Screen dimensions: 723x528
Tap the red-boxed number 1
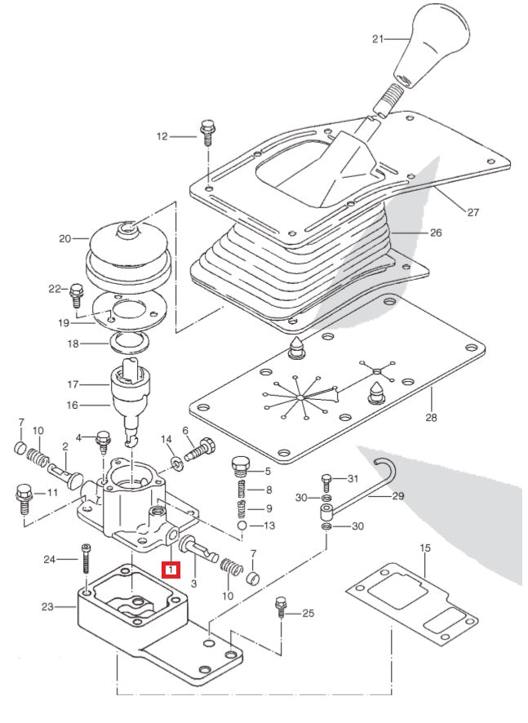170,569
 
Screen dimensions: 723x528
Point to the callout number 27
473,212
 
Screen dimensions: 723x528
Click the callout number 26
435,233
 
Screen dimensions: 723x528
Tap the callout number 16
72,403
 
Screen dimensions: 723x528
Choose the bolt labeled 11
23,496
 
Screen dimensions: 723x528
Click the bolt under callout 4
104,441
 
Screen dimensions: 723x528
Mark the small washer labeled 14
177,464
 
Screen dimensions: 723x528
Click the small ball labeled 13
242,526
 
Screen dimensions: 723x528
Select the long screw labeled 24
85,563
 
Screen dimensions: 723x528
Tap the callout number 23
47,606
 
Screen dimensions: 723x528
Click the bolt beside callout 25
281,609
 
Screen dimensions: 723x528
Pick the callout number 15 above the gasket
424,549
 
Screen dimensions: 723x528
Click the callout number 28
430,418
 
